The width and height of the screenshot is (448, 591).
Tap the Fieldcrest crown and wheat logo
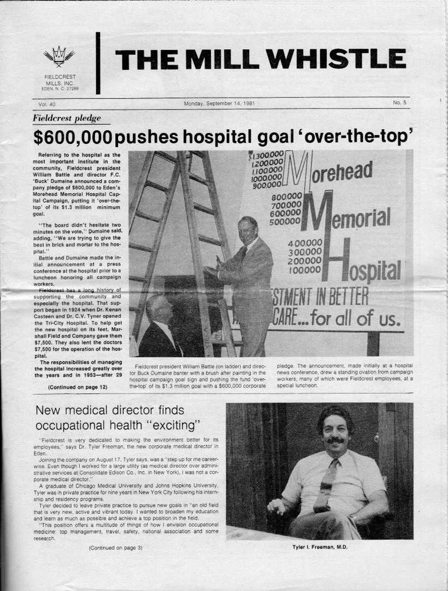tap(58, 56)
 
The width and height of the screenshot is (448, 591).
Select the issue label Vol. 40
tap(47, 103)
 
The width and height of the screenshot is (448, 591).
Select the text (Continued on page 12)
tap(78, 387)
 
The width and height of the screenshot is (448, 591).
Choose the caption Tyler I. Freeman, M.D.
tap(319, 547)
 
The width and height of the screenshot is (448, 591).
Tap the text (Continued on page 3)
tap(115, 547)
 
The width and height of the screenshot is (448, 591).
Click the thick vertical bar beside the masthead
tap(98, 62)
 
